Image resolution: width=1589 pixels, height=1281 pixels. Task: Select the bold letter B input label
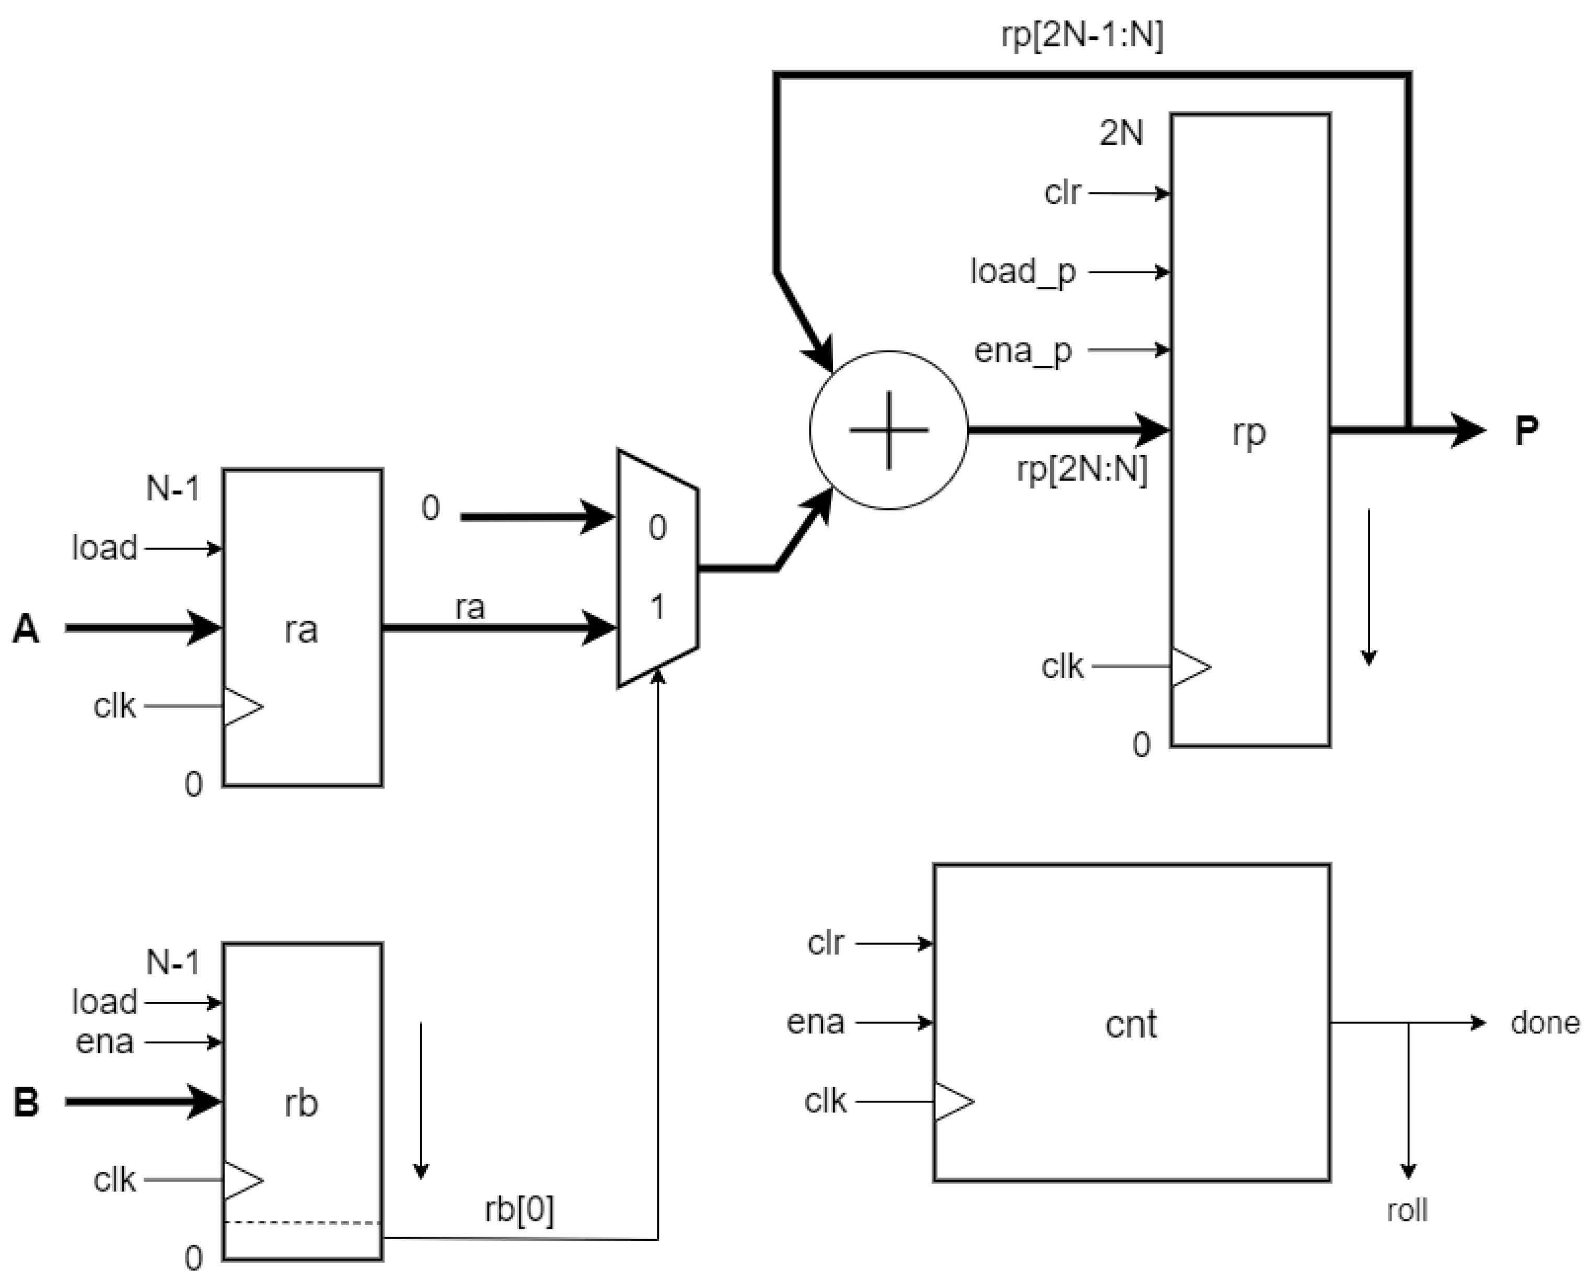pos(27,1102)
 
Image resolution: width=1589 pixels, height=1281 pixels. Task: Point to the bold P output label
pos(1526,430)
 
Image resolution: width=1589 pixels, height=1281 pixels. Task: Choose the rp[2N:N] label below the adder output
pos(1082,469)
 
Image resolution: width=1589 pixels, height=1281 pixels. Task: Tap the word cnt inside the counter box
pos(1131,1024)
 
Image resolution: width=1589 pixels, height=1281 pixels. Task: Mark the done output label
pos(1545,1023)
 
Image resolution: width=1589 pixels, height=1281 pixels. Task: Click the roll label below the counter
pos(1407,1210)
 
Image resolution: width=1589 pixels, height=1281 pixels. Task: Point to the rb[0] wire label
pos(519,1209)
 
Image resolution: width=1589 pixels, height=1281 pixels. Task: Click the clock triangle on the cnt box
pos(953,1102)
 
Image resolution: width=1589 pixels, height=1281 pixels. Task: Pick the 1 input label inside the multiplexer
pos(657,607)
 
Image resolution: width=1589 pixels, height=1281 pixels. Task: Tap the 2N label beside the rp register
pos(1121,134)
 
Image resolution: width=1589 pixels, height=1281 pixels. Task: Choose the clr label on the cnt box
pos(825,943)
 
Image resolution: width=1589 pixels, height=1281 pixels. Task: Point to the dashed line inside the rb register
pos(303,1222)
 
